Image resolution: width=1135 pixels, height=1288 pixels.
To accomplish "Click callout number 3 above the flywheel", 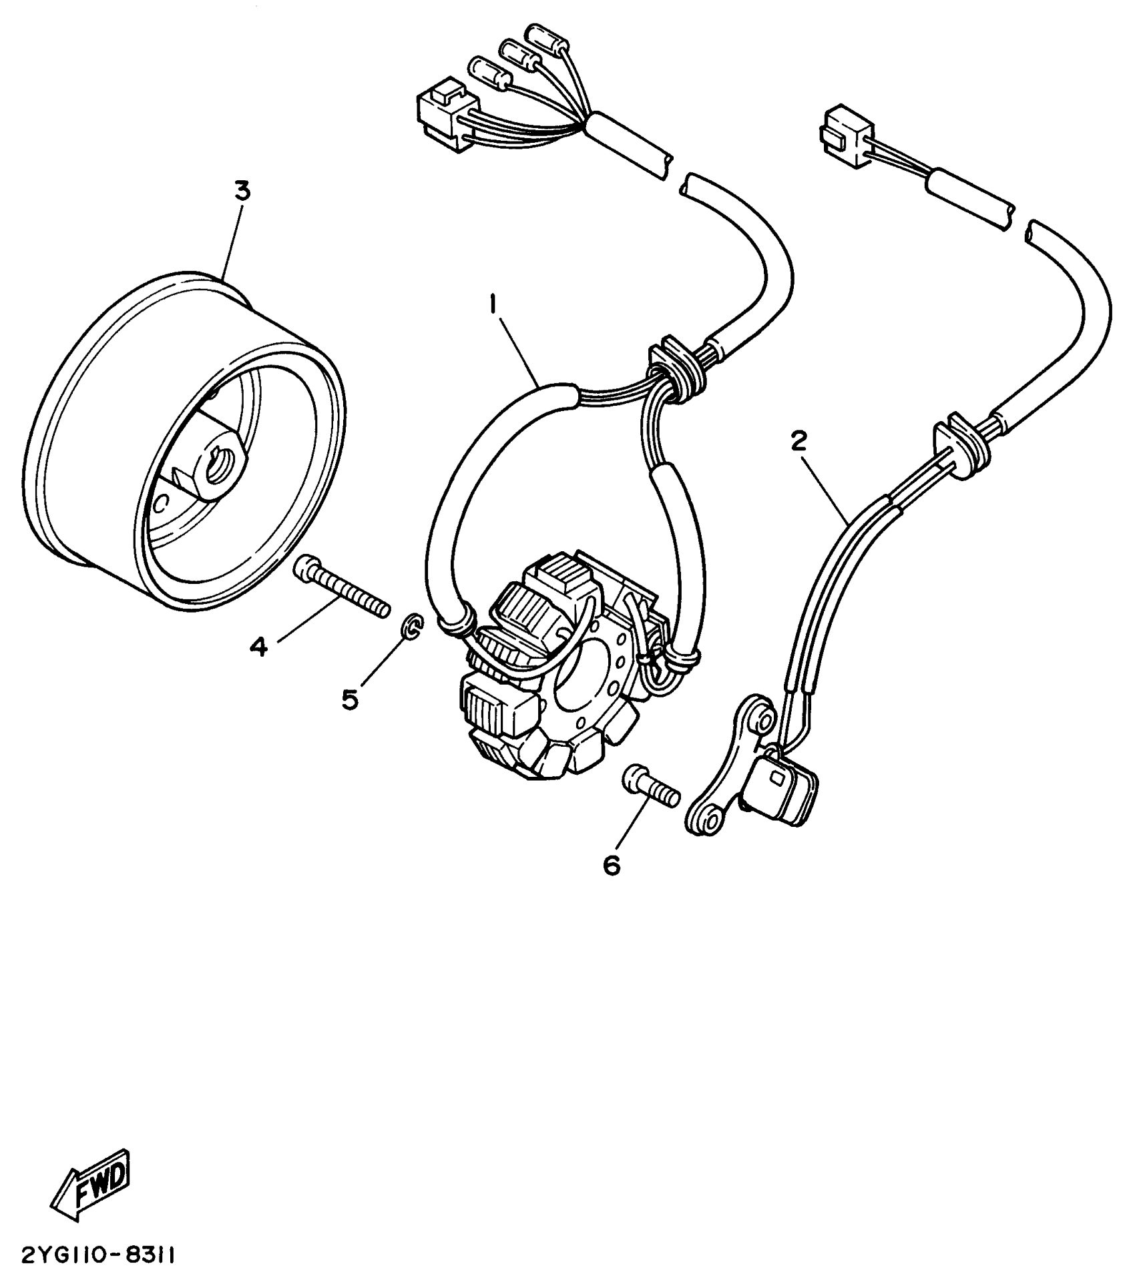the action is pos(242,192).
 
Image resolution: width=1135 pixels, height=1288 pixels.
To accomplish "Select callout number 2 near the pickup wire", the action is pos(799,441).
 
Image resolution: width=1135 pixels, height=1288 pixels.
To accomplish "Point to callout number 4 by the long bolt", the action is pos(259,645).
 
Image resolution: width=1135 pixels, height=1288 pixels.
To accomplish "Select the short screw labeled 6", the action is pos(651,787).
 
